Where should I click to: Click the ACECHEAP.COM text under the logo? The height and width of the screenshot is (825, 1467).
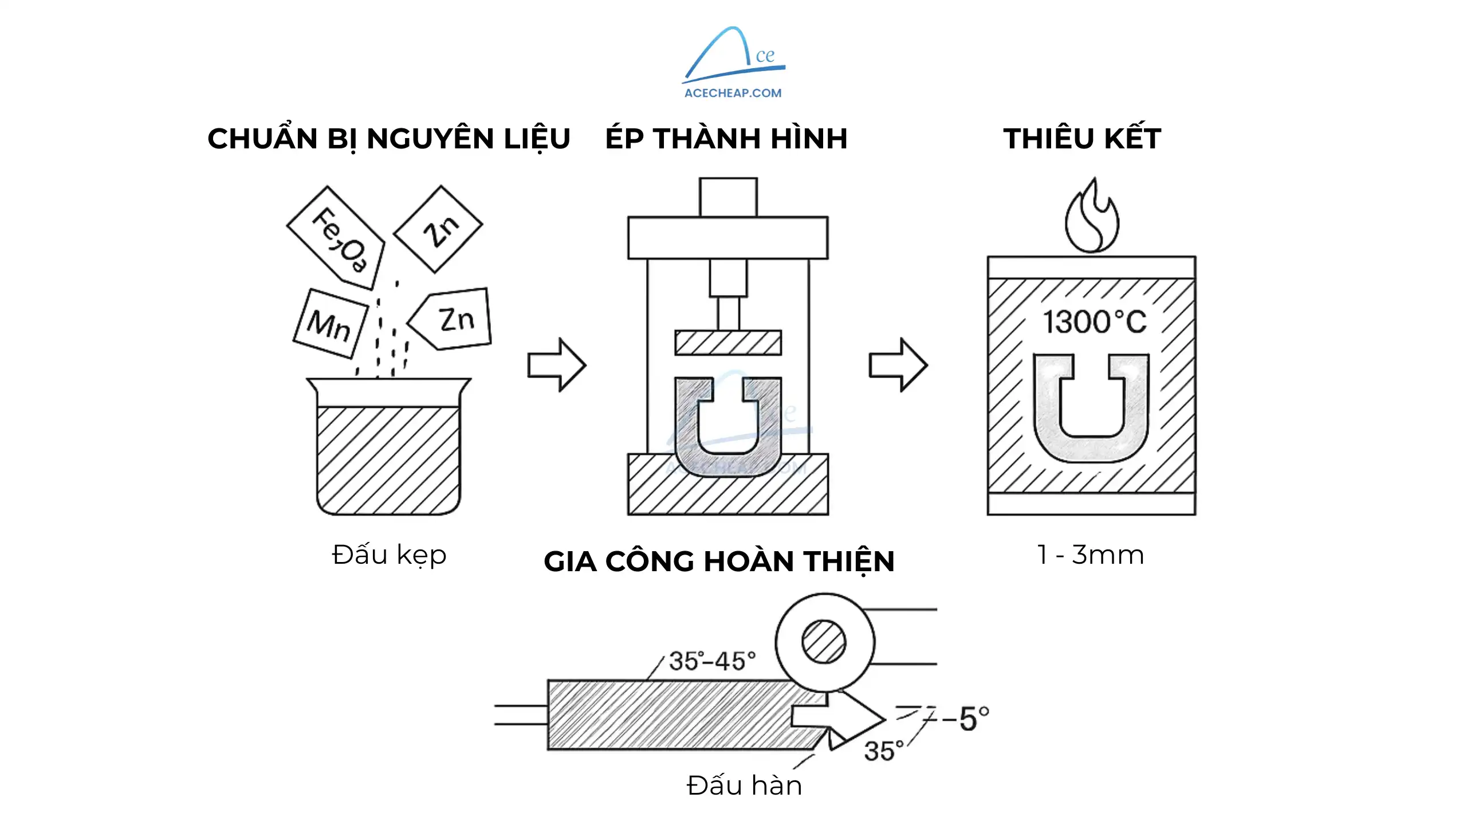(733, 93)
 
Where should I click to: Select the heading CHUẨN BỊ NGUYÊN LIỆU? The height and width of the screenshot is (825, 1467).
(389, 139)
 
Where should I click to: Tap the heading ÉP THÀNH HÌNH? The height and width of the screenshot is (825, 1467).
(726, 139)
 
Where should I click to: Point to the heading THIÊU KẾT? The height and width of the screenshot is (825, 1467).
(1082, 139)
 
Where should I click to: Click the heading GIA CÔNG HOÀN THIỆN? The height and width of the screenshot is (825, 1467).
(719, 561)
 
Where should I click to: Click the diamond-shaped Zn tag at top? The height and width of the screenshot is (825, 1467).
(439, 229)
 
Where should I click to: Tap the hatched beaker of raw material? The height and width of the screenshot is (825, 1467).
(388, 458)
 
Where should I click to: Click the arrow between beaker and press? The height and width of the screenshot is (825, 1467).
(556, 365)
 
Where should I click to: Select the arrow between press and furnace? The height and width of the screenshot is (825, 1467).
(898, 365)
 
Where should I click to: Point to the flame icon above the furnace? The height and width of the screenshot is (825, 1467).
(1091, 218)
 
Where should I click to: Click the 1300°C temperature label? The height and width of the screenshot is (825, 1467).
(1095, 322)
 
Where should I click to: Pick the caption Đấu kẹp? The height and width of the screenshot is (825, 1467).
(389, 555)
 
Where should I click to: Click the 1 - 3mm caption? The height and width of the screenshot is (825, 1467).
(1091, 555)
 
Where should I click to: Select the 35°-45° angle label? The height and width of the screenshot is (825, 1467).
(712, 661)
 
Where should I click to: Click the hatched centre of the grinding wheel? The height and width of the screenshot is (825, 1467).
(824, 642)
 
